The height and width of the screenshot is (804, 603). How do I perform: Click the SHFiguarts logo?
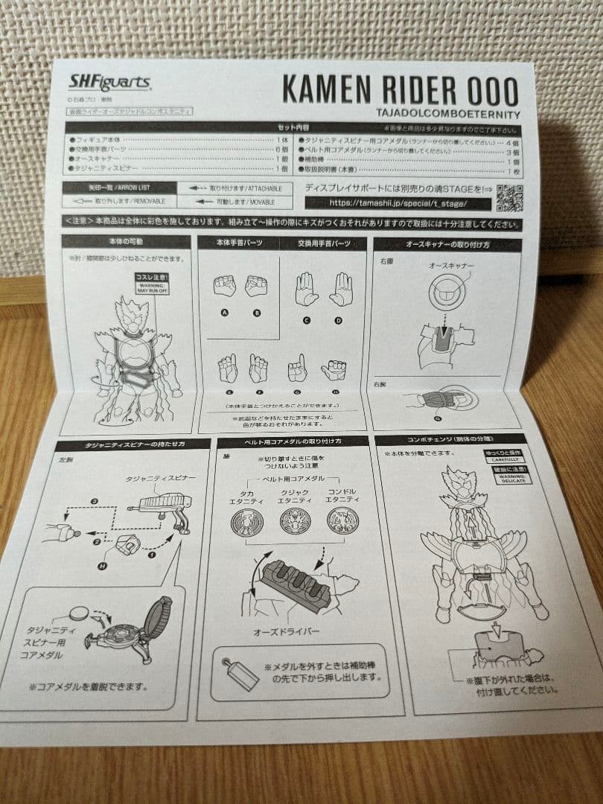(109, 83)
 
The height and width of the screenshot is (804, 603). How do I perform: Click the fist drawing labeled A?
(224, 287)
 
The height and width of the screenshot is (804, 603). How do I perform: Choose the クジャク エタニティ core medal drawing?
(294, 520)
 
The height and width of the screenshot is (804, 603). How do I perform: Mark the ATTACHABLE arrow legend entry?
(232, 188)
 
